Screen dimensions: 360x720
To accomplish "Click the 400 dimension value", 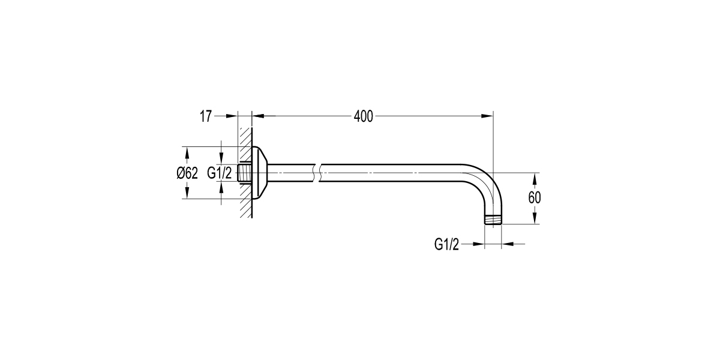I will pyautogui.click(x=364, y=116).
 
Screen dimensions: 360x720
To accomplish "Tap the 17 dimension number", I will pyautogui.click(x=206, y=116).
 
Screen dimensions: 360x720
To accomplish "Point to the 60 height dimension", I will pyautogui.click(x=535, y=198).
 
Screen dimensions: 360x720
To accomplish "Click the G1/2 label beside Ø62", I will pyautogui.click(x=219, y=173).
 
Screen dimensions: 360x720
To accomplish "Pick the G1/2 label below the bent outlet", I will pyautogui.click(x=446, y=244).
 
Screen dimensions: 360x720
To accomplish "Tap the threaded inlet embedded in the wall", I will pyautogui.click(x=245, y=173).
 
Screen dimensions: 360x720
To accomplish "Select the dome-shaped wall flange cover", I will pyautogui.click(x=259, y=173).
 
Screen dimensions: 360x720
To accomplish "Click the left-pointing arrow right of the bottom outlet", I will pyautogui.click(x=507, y=244).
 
